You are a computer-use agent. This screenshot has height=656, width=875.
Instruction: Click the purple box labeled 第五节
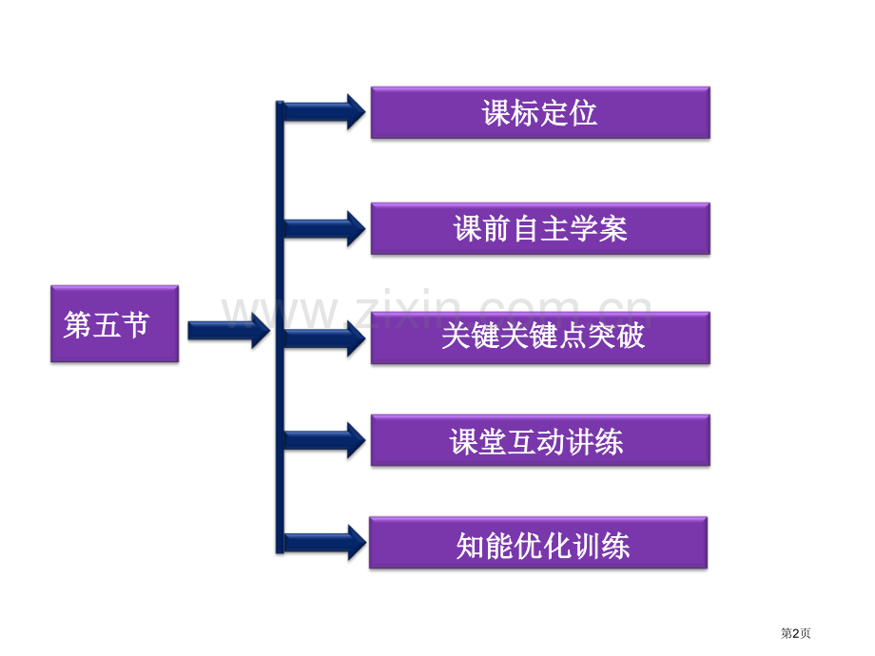[114, 323]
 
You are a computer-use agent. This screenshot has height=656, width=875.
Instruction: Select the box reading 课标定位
[540, 113]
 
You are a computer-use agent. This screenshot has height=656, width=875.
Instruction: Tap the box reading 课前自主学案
[540, 229]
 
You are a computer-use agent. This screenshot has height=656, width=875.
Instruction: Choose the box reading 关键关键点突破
[540, 338]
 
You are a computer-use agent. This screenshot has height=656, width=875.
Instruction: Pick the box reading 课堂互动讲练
[540, 440]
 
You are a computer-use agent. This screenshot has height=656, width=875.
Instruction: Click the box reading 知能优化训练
[538, 543]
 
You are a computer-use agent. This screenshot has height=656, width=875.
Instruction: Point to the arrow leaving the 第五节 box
[229, 330]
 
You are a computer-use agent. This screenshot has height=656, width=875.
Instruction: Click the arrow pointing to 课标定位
[324, 111]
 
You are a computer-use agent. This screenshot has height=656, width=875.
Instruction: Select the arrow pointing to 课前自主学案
[324, 228]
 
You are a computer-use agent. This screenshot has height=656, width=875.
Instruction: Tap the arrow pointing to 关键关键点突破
[324, 338]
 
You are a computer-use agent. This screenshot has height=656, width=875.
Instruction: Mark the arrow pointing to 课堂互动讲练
[324, 440]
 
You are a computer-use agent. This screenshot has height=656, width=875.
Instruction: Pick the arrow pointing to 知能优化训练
[324, 542]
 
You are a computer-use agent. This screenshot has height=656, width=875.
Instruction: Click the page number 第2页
[795, 633]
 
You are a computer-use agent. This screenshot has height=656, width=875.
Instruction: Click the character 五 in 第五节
[106, 324]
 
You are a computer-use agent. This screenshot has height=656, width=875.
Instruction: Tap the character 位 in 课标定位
[584, 113]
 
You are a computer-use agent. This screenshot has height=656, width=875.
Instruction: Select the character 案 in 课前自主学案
[613, 229]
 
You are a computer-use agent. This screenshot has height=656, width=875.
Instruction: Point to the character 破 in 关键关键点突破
[631, 336]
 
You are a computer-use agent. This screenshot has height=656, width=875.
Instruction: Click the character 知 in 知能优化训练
[471, 545]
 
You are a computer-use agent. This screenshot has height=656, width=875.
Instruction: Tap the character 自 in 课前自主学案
[526, 229]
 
